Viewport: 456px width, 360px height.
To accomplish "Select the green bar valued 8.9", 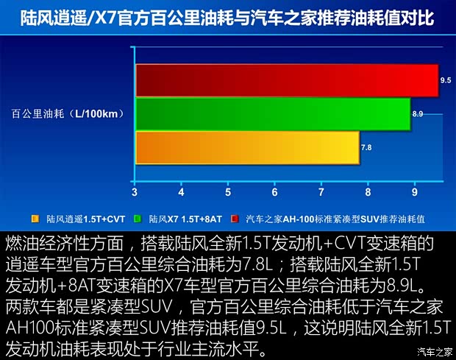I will click(272, 114).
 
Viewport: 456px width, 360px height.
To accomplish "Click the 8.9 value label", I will click(418, 114).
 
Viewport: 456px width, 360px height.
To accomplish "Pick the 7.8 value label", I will click(366, 148).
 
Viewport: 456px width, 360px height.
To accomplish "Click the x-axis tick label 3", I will click(135, 192).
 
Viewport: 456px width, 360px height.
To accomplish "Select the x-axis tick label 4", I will click(182, 192).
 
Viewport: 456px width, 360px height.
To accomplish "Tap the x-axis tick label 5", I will click(228, 192).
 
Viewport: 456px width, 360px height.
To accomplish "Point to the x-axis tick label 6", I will click(274, 192).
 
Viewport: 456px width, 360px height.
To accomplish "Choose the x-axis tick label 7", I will click(321, 192).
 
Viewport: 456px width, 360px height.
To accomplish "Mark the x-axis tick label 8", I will click(368, 192).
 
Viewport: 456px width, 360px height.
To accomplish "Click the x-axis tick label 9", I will click(415, 192).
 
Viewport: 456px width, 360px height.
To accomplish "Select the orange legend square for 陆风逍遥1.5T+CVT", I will click(35, 219).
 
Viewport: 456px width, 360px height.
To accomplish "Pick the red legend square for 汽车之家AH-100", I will click(233, 219).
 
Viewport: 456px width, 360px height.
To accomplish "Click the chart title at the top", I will click(228, 15).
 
